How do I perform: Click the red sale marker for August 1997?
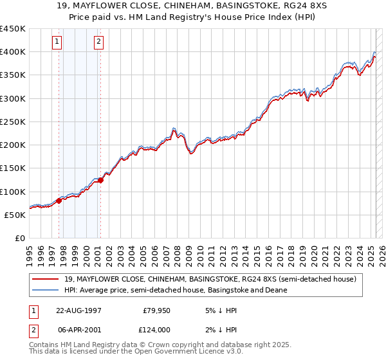59,201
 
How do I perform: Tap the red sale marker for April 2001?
100,180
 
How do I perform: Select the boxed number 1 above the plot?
57,42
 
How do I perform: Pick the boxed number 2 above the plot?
98,42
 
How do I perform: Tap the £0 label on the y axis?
19,238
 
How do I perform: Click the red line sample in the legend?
46,279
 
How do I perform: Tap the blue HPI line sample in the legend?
46,290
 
